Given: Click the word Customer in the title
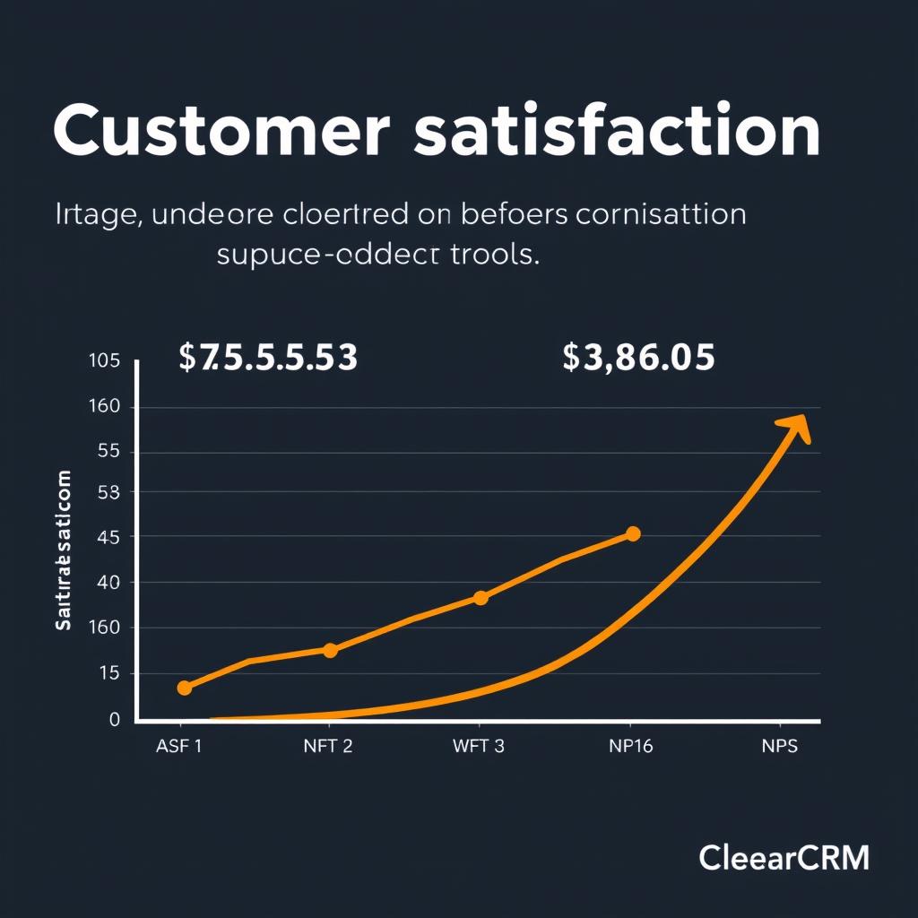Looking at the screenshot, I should [221, 131].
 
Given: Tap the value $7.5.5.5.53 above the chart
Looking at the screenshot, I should [268, 358].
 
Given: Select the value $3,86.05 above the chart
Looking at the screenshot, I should [638, 358].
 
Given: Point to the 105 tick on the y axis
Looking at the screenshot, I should [104, 361].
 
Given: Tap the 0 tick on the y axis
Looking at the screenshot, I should [114, 719].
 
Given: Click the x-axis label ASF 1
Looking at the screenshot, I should [178, 748].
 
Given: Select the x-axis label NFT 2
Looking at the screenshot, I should [328, 748].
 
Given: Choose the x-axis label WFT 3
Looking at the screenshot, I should [479, 748].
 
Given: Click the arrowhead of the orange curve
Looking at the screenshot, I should [796, 428].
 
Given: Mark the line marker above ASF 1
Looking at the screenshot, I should [184, 688].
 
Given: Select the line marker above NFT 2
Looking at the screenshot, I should [329, 650].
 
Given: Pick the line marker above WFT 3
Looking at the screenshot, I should [480, 598].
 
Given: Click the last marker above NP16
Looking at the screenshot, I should [632, 534].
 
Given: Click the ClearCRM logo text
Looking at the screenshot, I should [784, 858].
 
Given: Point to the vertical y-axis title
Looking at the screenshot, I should [64, 550].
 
